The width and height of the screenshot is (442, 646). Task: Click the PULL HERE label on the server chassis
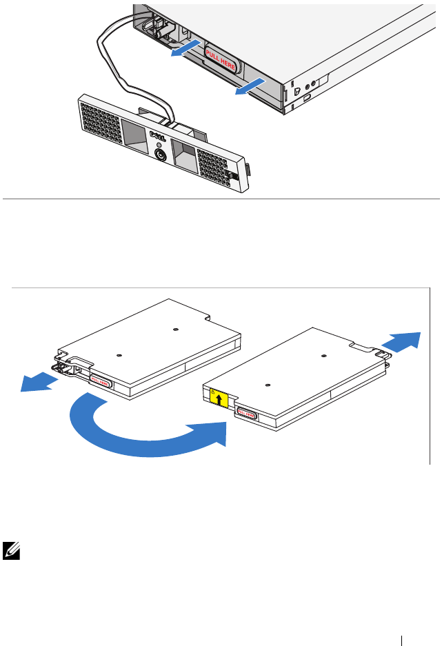[x=221, y=61]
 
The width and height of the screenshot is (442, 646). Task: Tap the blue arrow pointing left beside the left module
[x=39, y=381]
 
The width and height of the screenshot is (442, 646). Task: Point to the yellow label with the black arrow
[x=219, y=398]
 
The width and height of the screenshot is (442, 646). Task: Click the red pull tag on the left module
[x=101, y=381]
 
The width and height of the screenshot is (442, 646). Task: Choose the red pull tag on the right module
[x=246, y=414]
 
